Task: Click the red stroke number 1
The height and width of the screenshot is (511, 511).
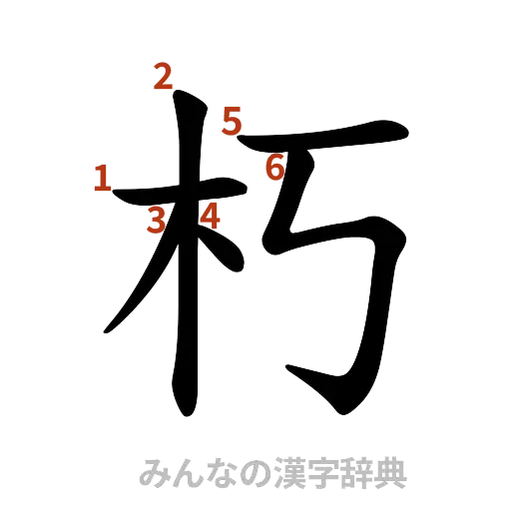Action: coord(100,179)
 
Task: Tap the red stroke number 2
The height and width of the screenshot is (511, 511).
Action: coord(164,75)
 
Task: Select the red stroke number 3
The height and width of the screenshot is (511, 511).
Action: coord(155,221)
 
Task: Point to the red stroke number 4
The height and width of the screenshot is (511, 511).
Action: coord(210,214)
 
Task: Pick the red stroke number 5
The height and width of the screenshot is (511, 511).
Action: coord(233,123)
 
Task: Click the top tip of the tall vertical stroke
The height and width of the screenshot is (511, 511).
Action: coord(178,95)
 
